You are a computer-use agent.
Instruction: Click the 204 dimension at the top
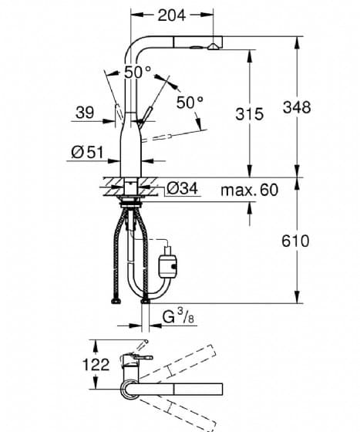click(172, 15)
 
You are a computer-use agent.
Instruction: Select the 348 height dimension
click(297, 107)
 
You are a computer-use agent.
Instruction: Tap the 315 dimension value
click(249, 114)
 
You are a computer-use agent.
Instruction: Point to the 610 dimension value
click(295, 241)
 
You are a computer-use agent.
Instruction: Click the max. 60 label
click(249, 190)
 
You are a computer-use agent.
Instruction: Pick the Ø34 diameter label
click(183, 189)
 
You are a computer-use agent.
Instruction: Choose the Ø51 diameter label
click(87, 152)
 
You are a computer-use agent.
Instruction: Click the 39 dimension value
click(85, 113)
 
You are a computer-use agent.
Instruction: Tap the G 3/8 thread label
click(178, 316)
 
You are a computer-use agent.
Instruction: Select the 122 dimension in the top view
click(96, 364)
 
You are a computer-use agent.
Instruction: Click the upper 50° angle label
click(138, 73)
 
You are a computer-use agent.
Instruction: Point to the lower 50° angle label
click(190, 103)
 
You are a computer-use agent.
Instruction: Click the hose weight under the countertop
click(167, 262)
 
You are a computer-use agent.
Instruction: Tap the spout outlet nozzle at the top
click(213, 46)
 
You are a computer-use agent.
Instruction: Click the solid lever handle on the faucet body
click(145, 117)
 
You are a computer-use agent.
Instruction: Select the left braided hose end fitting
click(116, 301)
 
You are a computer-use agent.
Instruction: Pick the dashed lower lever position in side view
click(157, 138)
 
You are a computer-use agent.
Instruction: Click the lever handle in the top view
click(143, 357)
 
